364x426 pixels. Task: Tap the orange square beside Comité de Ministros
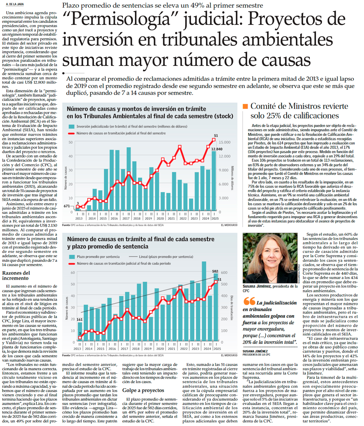coord(245,106)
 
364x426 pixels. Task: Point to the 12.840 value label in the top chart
coord(217,149)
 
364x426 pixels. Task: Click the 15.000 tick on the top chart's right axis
coord(224,142)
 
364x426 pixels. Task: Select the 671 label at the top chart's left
coord(67,206)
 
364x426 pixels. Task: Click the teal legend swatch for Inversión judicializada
coord(71,126)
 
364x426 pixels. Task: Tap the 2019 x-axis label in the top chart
coord(148,218)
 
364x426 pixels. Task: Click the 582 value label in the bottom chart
coord(215,271)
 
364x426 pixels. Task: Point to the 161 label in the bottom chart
coord(79,319)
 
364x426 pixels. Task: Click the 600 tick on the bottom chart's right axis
coord(224,272)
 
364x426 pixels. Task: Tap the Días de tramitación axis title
coord(232,308)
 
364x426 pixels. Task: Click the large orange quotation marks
coord(249,301)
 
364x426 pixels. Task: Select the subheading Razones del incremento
coord(16,275)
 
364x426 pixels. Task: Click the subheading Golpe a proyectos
coord(143,390)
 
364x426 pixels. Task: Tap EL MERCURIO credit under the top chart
coord(229,225)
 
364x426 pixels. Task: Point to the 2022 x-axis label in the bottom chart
coord(184,349)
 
